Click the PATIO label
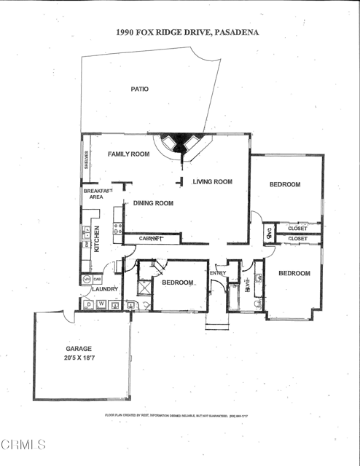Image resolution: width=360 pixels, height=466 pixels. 139,89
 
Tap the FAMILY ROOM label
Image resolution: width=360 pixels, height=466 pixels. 128,154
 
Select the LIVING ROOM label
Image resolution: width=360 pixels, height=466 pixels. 212,182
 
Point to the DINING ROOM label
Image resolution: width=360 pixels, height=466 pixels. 153,203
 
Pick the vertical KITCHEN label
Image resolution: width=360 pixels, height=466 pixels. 97,238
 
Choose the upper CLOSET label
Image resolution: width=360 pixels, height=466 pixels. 297,229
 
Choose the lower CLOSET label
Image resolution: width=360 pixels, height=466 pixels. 297,238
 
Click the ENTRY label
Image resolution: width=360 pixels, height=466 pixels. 218,273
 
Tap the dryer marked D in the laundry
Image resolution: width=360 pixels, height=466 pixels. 89,304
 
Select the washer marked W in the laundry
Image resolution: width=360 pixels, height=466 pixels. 101,304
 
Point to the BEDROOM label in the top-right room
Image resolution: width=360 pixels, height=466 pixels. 284,184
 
